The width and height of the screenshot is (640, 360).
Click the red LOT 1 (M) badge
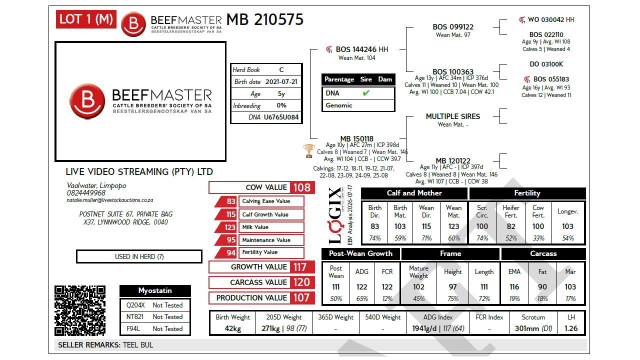[x=86, y=19]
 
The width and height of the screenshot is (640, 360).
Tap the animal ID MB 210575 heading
[x=264, y=19]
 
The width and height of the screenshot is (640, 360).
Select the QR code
[x=80, y=310]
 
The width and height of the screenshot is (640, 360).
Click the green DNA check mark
[x=366, y=93]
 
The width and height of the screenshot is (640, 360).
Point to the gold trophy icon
[x=309, y=151]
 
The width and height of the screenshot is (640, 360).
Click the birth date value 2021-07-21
[x=281, y=81]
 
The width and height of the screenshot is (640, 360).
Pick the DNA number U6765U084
[x=281, y=117]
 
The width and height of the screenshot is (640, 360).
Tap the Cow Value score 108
[x=302, y=187]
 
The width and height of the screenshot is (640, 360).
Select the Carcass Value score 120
[x=302, y=282]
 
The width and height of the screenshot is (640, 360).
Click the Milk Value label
[x=255, y=227]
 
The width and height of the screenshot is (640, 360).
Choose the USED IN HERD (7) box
[x=139, y=256]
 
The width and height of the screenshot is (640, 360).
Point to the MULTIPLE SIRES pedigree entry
[x=453, y=116]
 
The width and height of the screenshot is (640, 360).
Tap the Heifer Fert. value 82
[x=511, y=226]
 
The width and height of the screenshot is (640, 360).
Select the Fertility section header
[x=527, y=193]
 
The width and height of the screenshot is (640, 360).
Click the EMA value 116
[x=514, y=287]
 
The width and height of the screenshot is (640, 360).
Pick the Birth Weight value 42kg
[x=232, y=328]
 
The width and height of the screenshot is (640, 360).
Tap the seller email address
[x=110, y=200]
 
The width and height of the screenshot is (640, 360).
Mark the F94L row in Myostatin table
[x=154, y=329]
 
